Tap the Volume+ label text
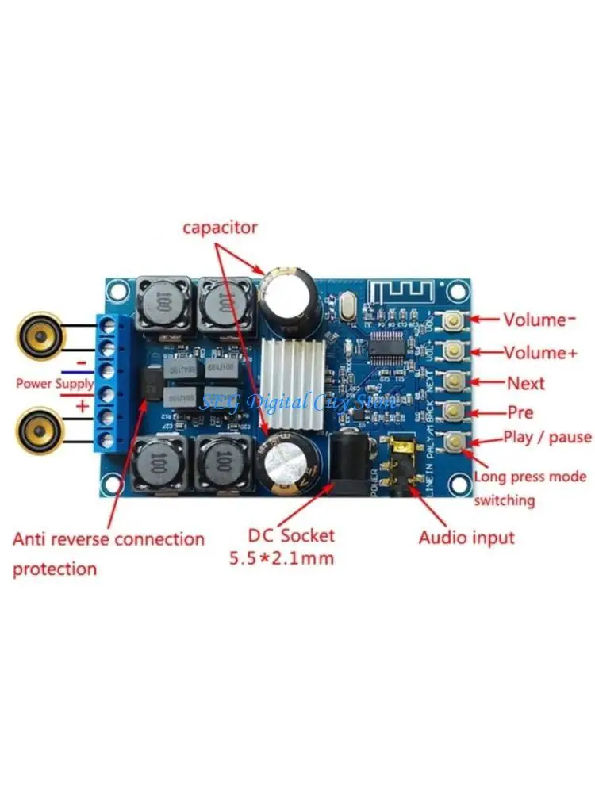[x=541, y=352]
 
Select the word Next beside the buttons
[x=526, y=384]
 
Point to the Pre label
[x=520, y=412]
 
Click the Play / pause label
[x=547, y=437]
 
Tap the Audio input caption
[x=466, y=538]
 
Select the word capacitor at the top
[x=221, y=228]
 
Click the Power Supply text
[x=45, y=383]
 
